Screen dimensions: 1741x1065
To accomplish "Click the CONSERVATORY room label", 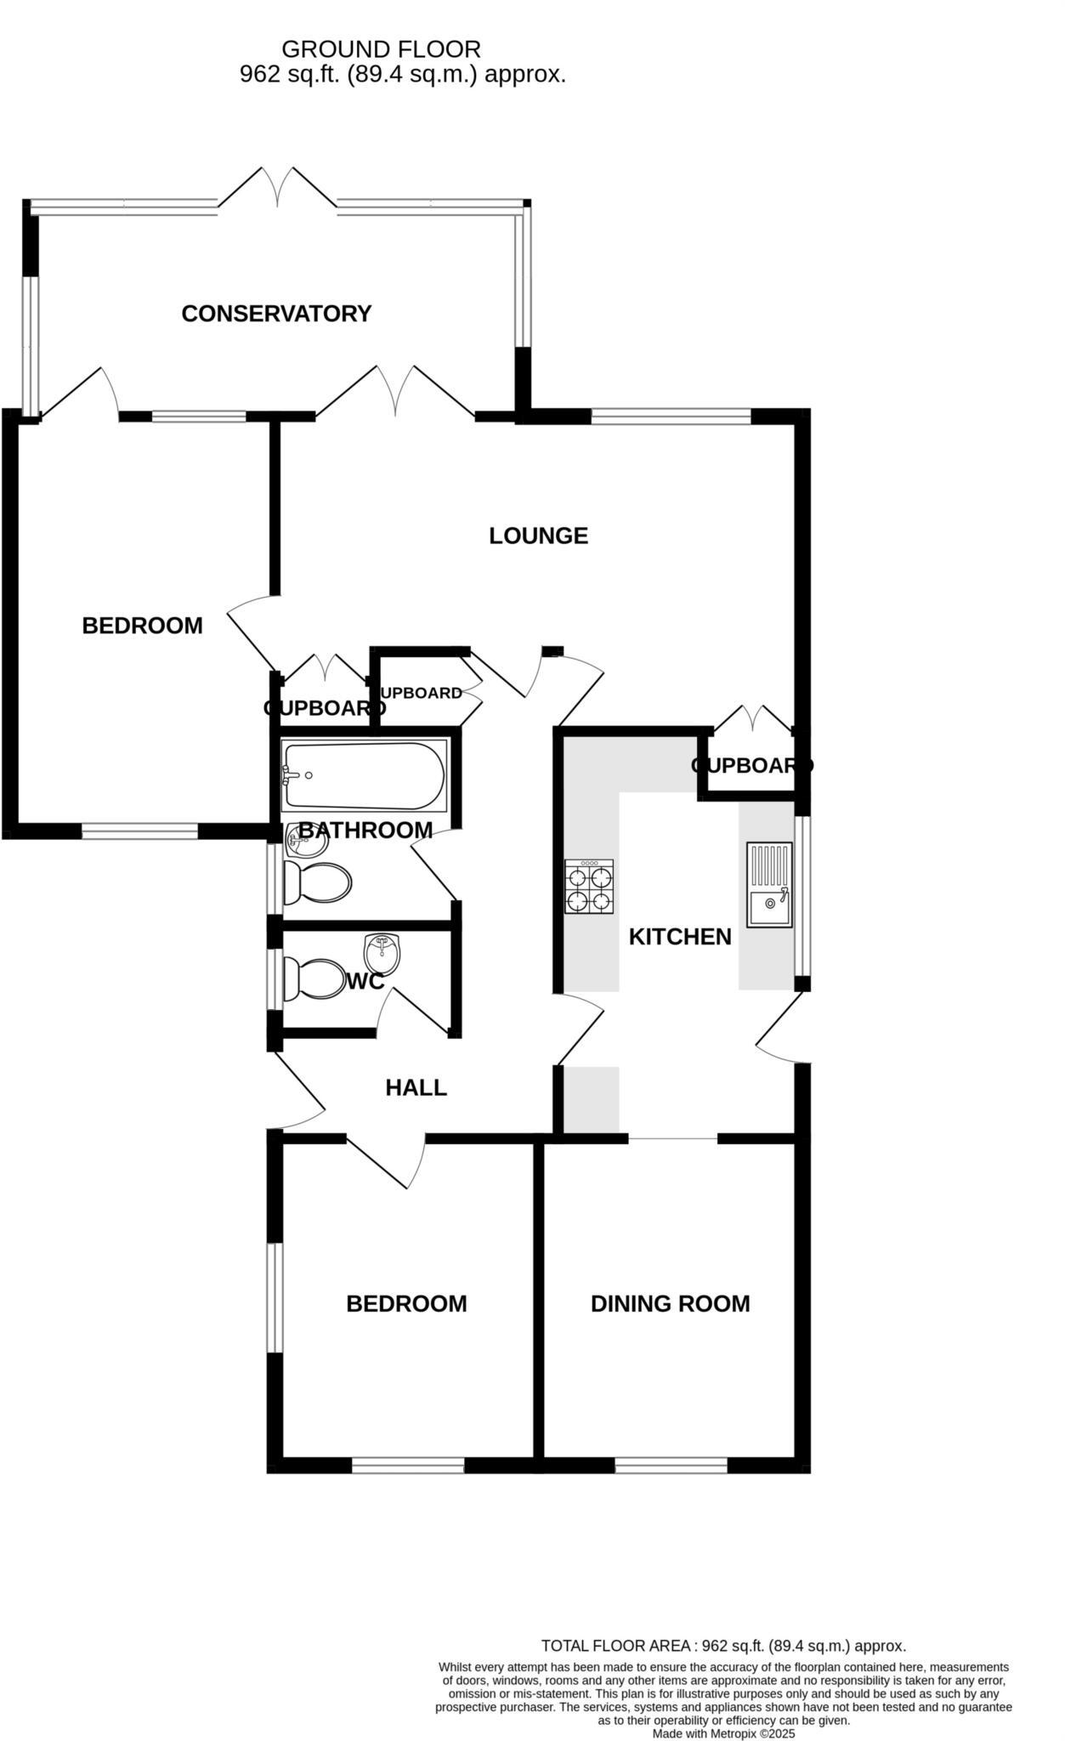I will tap(276, 314).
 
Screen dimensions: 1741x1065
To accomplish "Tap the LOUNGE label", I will tap(538, 536).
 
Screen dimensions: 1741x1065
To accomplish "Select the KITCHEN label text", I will tap(679, 937).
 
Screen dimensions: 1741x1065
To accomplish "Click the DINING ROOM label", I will tap(670, 1304).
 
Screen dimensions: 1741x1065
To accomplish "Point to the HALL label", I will tap(416, 1088).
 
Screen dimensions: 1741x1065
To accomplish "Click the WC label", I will tap(365, 982).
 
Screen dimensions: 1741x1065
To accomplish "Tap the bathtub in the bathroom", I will tap(365, 776).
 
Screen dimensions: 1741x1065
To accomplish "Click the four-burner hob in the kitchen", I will tap(589, 888).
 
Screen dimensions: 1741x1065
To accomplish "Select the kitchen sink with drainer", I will tap(769, 884).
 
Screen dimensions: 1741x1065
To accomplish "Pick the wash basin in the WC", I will tap(382, 955).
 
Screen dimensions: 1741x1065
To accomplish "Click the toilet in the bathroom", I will tap(316, 883).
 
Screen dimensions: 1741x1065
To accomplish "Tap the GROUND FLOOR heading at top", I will tap(381, 49).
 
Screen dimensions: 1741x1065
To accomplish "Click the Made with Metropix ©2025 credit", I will tap(723, 1732).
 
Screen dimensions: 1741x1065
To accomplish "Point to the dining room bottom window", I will tap(671, 1465).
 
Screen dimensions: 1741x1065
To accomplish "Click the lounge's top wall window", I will tap(671, 416).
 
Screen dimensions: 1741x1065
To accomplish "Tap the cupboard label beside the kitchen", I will tap(751, 766).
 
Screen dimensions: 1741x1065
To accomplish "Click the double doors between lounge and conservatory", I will tap(395, 393).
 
